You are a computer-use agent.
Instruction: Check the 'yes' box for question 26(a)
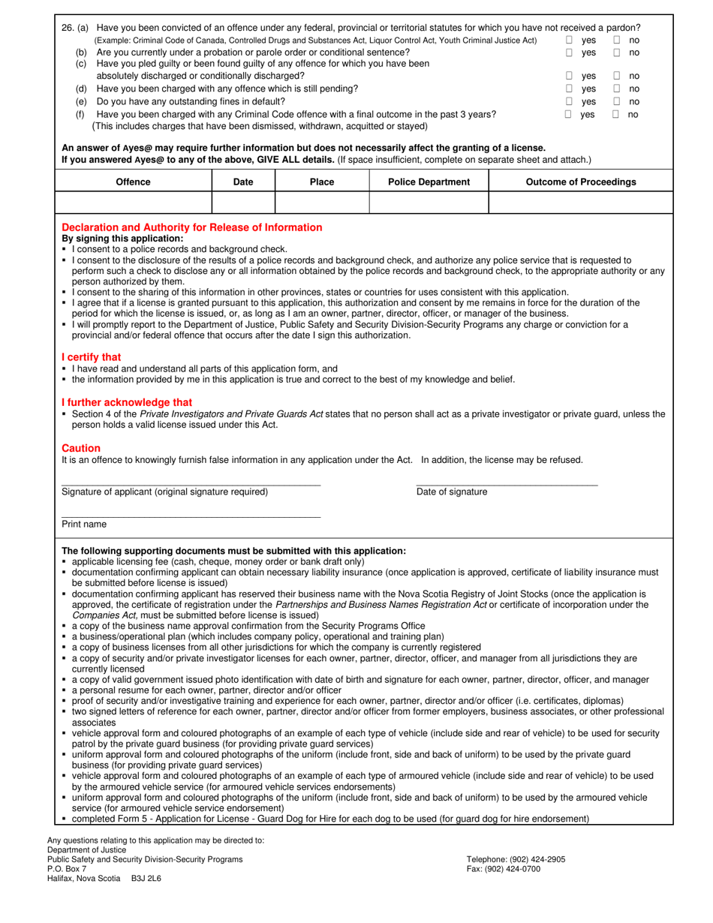[x=569, y=41]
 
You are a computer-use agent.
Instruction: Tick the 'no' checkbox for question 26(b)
[x=616, y=53]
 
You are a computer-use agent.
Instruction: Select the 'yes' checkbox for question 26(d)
[x=569, y=89]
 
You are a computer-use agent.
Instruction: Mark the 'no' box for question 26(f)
[x=616, y=115]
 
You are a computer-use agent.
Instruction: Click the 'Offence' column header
[x=133, y=182]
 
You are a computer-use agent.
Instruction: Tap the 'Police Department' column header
[x=429, y=182]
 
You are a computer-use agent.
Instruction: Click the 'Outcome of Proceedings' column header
[x=580, y=182]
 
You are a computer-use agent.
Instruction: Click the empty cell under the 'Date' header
[x=243, y=203]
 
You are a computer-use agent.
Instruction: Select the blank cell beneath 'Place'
[x=322, y=203]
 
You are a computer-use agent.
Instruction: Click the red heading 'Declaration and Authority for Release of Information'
[x=191, y=227]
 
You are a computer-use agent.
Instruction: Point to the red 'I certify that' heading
[x=91, y=357]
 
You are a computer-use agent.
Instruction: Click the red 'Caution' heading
[x=80, y=448]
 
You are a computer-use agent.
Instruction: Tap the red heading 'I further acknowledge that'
[x=126, y=402]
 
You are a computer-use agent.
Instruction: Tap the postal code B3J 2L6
[x=146, y=879]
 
